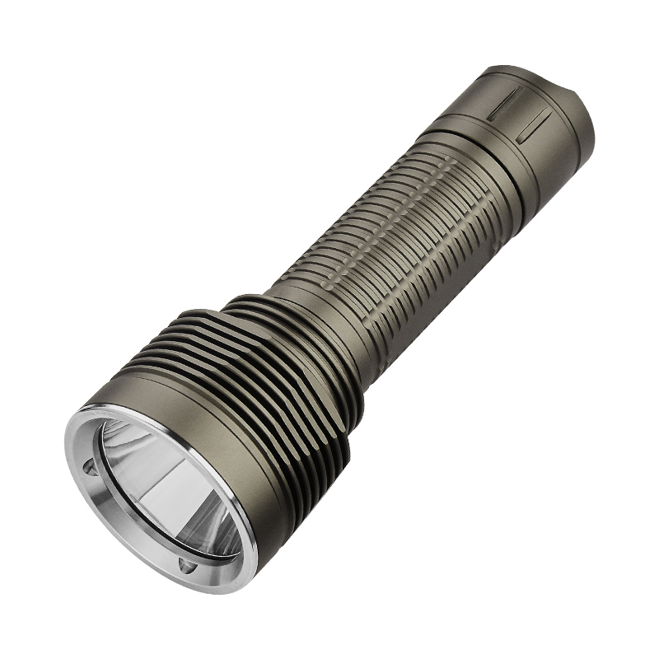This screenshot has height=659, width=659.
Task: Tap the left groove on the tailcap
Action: (x=503, y=105)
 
